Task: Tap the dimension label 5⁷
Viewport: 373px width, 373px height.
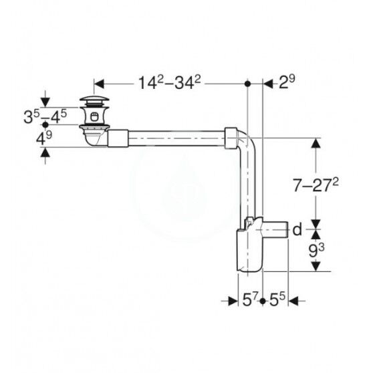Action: click(x=249, y=301)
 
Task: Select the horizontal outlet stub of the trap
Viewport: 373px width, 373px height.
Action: click(x=275, y=231)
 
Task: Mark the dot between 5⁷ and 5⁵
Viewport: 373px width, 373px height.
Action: click(x=263, y=301)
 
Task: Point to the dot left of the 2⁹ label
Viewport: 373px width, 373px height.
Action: click(x=248, y=84)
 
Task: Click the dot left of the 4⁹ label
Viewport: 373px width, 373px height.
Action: click(x=45, y=125)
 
